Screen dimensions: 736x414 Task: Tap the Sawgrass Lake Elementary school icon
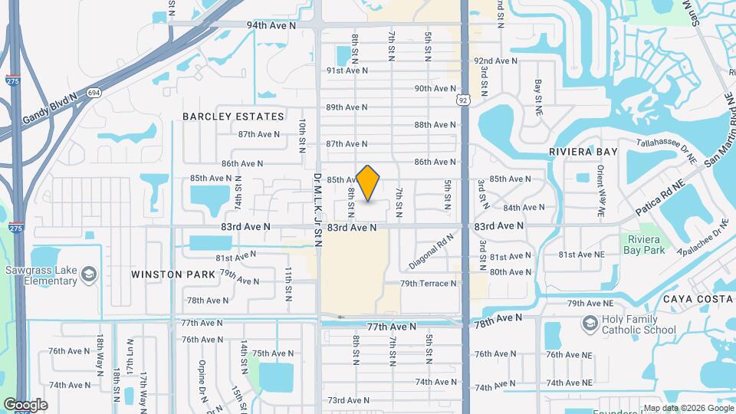coord(89,274)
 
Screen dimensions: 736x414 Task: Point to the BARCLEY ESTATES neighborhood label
coord(233,117)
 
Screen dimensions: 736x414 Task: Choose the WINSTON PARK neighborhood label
coord(167,274)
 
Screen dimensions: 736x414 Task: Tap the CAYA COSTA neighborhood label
coord(698,298)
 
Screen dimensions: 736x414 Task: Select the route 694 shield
coord(94,92)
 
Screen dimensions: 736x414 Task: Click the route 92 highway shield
coord(463,100)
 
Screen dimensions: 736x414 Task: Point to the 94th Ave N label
coord(271,25)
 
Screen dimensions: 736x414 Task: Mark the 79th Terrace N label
coord(428,283)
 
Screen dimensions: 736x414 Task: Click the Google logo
coord(25,405)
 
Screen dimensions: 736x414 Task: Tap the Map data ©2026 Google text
coord(688,408)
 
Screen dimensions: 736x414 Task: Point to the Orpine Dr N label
coord(202,373)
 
